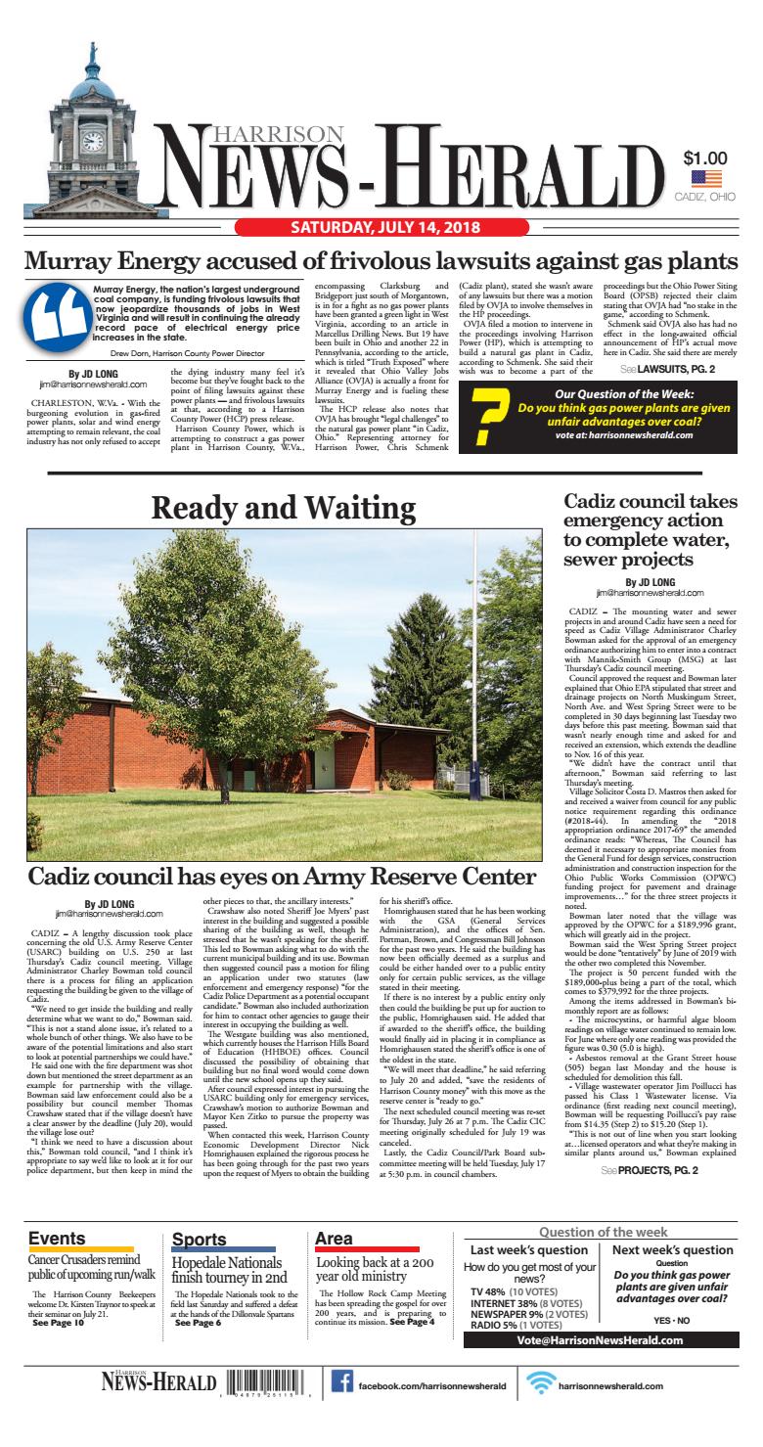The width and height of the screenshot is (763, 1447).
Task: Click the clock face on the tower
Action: tap(94, 141)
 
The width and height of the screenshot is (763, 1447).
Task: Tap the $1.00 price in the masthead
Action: tap(704, 158)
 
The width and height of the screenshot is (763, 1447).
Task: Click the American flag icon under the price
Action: tap(705, 178)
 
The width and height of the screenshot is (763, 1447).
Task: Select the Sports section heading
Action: tap(199, 1240)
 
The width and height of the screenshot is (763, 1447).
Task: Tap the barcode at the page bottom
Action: tap(267, 1412)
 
